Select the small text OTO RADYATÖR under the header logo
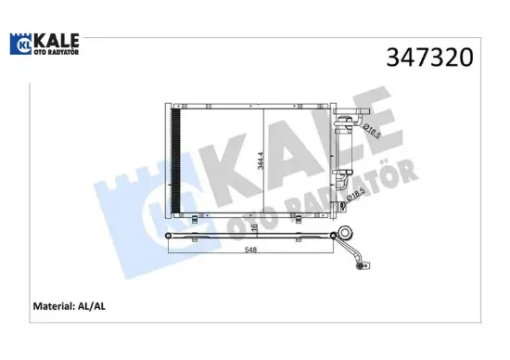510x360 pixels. coord(57,52)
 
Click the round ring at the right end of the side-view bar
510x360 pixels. coord(345,236)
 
